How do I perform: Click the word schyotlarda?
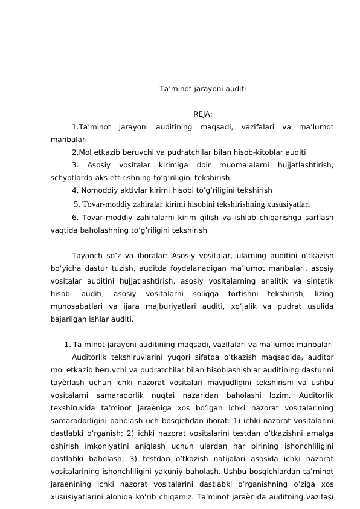tap(71, 178)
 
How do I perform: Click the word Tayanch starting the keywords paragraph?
tap(86, 256)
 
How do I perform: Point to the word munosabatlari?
tap(78, 306)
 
